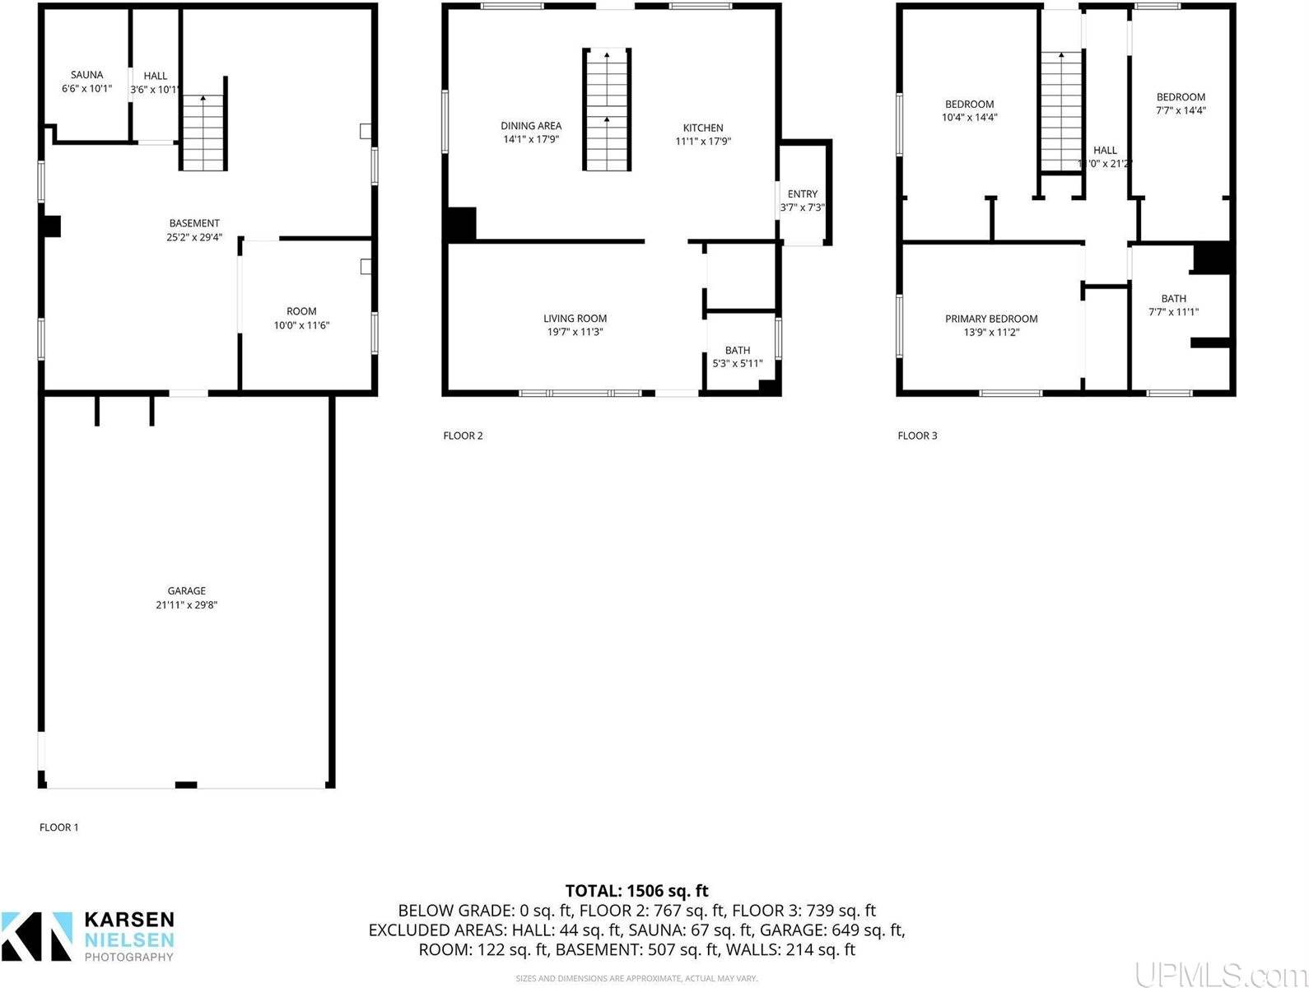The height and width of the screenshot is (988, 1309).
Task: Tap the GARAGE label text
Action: tap(186, 591)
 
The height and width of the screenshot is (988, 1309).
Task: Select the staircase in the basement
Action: tap(203, 133)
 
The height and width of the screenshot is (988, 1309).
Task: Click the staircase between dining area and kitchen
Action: tap(607, 110)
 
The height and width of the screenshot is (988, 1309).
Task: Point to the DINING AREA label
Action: tap(531, 126)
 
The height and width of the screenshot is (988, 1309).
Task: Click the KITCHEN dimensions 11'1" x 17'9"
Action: tap(703, 141)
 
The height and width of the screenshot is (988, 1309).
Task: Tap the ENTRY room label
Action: tap(802, 194)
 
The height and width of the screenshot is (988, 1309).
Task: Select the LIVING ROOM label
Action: tap(575, 319)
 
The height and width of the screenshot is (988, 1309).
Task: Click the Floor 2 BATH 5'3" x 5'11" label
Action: tap(737, 357)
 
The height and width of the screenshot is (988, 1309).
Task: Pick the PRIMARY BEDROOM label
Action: tap(991, 319)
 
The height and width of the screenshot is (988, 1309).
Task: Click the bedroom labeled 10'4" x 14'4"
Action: tap(969, 110)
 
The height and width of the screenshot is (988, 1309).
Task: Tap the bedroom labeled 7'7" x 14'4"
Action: tap(1181, 103)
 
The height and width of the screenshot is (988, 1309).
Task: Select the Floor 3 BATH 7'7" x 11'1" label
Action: tap(1173, 305)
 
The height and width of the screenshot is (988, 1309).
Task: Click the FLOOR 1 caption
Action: tap(59, 827)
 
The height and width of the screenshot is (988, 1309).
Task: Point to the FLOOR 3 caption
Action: tap(917, 436)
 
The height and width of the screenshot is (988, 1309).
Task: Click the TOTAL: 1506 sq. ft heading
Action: tap(636, 891)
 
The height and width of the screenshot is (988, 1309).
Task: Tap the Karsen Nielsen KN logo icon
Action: tap(37, 936)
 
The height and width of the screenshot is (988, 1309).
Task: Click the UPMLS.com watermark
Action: tap(1218, 974)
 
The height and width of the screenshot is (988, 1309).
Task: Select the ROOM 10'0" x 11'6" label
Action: tap(301, 318)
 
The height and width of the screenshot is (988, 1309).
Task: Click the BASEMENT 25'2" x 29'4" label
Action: tap(194, 230)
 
